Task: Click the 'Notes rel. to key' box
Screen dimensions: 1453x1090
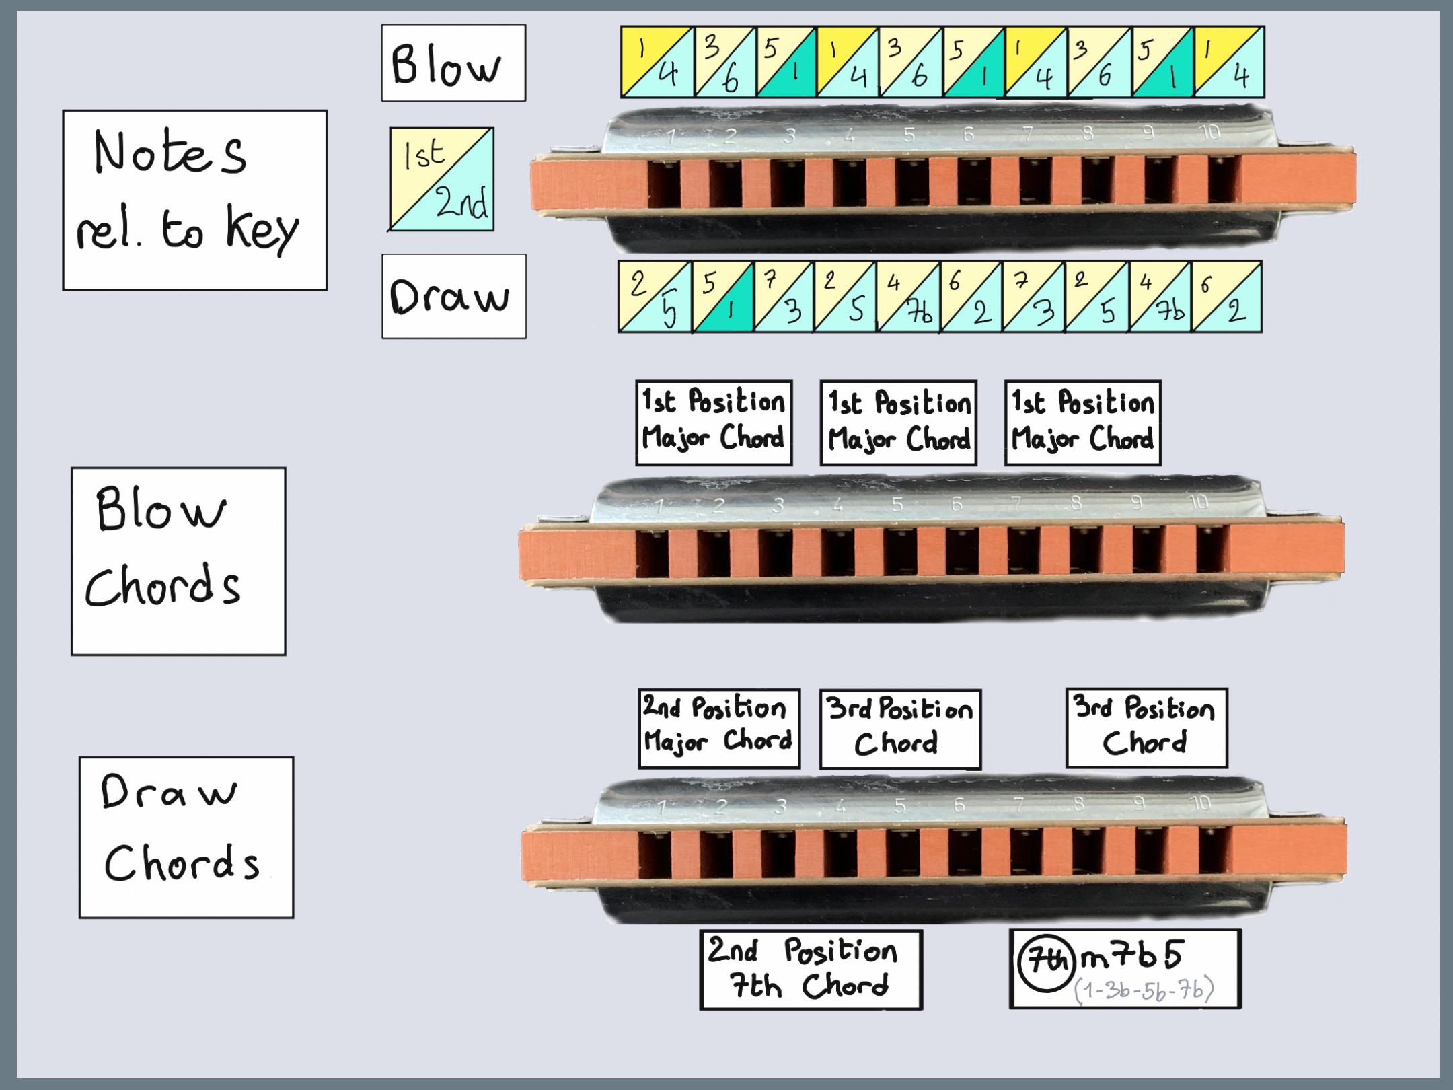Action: click(194, 200)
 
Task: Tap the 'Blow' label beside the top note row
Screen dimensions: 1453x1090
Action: click(453, 63)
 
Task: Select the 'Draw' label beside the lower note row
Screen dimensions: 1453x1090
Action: click(454, 296)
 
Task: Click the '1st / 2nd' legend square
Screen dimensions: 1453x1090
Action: click(442, 180)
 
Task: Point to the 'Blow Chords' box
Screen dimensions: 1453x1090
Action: click(178, 561)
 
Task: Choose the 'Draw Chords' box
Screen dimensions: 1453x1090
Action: click(186, 837)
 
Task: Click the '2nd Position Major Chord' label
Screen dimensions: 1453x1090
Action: click(718, 728)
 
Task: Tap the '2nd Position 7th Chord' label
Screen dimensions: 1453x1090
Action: click(811, 969)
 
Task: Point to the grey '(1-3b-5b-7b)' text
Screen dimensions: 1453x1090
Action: click(1144, 990)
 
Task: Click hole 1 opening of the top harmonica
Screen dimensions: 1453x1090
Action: click(665, 184)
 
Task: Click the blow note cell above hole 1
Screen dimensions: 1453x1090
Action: click(657, 62)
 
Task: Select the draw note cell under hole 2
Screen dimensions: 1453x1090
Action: click(722, 297)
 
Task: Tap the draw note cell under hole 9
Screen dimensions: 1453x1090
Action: click(1160, 297)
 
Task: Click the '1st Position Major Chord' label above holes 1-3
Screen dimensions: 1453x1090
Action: click(714, 423)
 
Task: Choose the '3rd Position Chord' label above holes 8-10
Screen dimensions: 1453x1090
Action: click(1146, 727)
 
